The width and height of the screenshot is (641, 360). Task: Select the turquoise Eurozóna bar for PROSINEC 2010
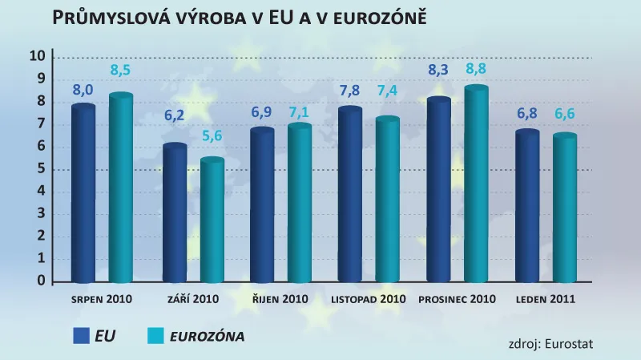pos(476,184)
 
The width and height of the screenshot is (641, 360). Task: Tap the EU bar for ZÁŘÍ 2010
pos(175,213)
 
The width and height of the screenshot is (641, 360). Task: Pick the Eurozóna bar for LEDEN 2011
pos(565,208)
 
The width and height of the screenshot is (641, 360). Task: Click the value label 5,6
pos(212,136)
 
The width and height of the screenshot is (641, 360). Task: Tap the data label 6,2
pos(175,115)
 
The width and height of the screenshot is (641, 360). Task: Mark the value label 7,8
pos(350,91)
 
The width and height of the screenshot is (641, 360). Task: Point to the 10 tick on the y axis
pos(36,56)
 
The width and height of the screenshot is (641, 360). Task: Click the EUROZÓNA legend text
pos(207,336)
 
